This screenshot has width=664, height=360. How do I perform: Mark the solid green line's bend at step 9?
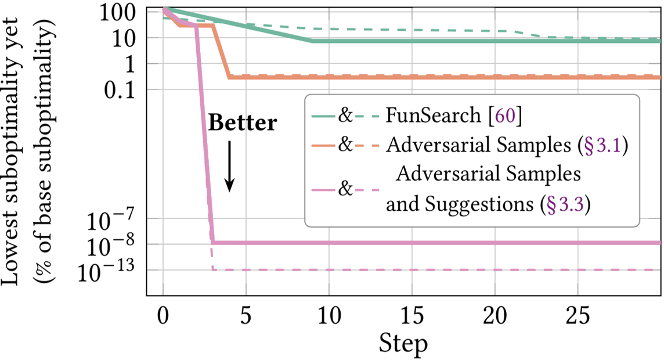[x=312, y=41]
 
